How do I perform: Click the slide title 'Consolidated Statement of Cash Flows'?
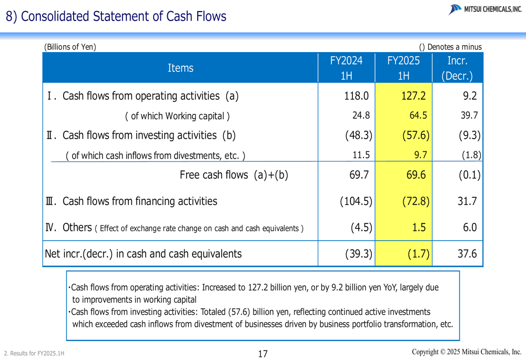click(116, 16)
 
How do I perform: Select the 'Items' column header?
click(180, 68)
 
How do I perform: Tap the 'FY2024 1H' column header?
click(346, 68)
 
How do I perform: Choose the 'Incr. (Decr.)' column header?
click(457, 68)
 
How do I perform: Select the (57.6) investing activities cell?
click(416, 136)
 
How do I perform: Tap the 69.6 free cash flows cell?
click(416, 175)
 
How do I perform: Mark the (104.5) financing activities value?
click(356, 201)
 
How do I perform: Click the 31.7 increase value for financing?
click(467, 201)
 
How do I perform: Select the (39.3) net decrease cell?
click(359, 254)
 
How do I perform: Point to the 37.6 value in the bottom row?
click(467, 254)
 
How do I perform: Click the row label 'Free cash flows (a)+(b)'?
click(234, 175)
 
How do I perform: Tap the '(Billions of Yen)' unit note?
click(70, 47)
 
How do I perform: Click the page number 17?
click(263, 354)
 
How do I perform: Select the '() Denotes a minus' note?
click(450, 47)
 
